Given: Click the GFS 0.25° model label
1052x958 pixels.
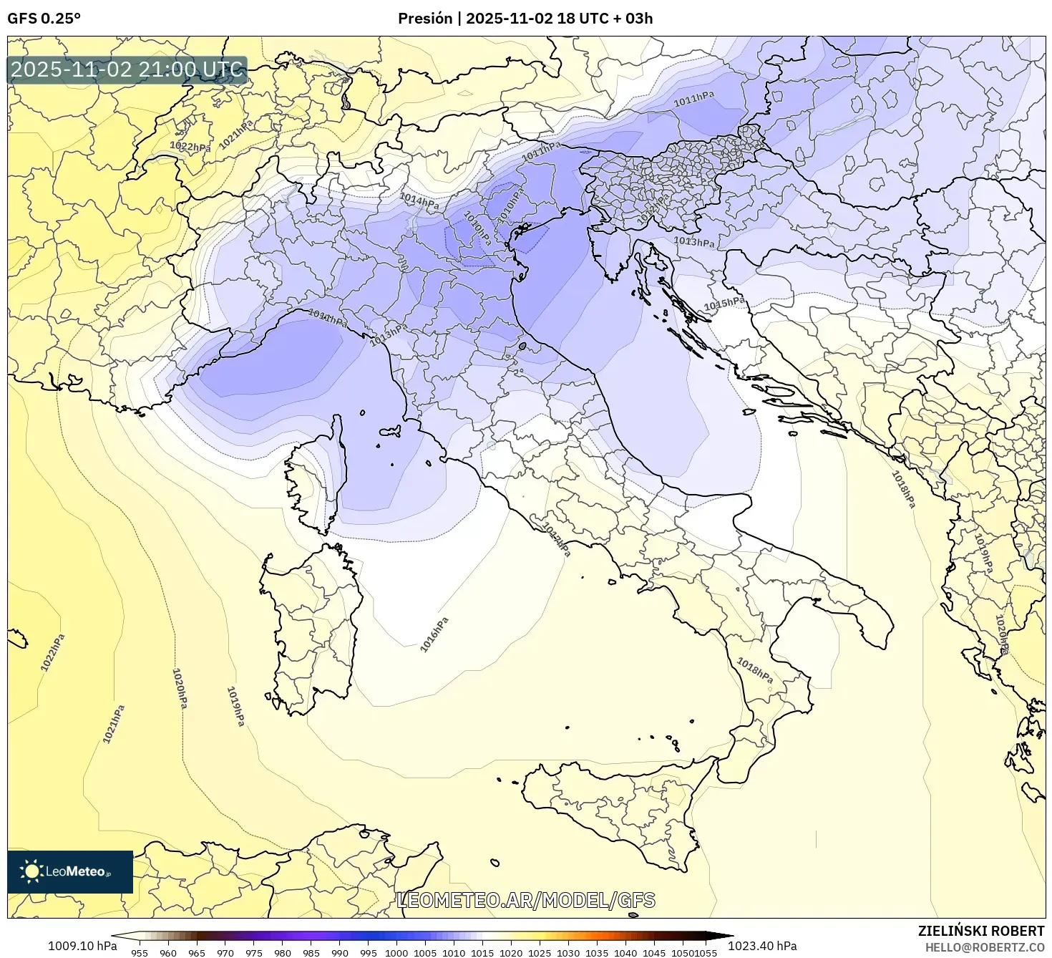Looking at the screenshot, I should [44, 19].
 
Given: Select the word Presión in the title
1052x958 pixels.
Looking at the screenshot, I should [425, 19].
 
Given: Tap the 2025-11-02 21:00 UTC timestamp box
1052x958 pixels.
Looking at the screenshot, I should [127, 70].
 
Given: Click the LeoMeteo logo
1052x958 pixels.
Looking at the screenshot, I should [70, 871].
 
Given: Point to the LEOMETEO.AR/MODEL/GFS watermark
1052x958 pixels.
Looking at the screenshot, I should [526, 900].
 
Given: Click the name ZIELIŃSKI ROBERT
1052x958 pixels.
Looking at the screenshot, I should [981, 931].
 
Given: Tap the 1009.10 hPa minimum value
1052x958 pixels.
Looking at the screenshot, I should [82, 946].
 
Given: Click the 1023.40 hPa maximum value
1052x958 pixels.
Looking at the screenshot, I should [762, 946].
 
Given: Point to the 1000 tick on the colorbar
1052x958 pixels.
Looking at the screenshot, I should [396, 952].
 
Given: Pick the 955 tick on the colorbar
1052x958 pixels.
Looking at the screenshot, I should [140, 952].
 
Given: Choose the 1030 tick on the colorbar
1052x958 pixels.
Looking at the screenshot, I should [568, 952].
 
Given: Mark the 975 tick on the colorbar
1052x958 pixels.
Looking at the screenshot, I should [254, 952].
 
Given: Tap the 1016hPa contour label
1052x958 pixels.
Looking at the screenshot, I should [434, 634].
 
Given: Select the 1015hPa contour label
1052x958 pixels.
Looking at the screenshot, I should [724, 304].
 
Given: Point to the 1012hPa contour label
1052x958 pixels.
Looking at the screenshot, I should [653, 208].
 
